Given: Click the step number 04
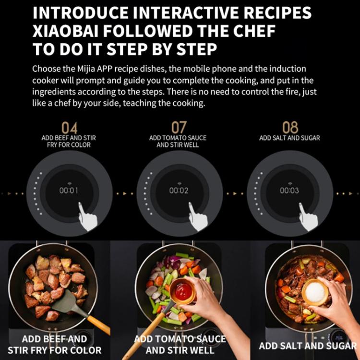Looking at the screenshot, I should (69, 128).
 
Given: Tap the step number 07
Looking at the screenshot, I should (179, 128).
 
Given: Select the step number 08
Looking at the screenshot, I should (290, 128).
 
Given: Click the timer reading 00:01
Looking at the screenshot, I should (69, 191).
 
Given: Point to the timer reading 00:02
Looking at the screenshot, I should (179, 191).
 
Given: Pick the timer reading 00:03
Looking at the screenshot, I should (289, 191).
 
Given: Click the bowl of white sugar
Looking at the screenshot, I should (314, 291).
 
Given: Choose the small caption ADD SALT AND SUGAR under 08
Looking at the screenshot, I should (289, 138).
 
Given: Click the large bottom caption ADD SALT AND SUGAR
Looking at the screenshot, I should (308, 346).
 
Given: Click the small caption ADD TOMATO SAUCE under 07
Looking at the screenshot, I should (178, 138).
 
